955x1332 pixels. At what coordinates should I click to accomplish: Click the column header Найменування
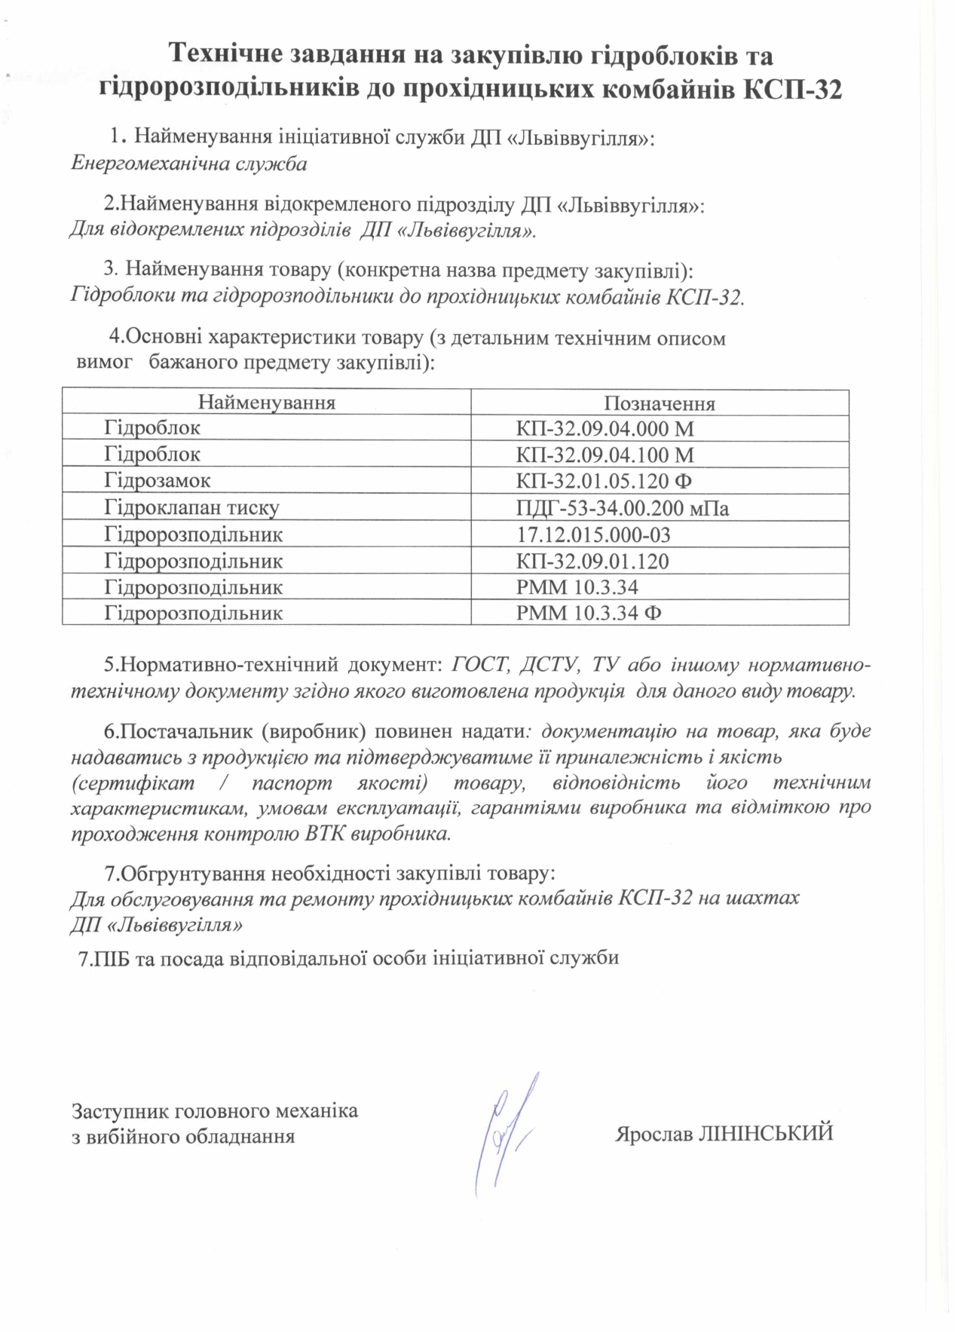click(266, 402)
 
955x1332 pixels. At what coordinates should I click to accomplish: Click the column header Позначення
click(659, 403)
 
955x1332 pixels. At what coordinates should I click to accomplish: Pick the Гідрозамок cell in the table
click(157, 481)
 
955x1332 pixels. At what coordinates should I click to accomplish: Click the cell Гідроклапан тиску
click(191, 508)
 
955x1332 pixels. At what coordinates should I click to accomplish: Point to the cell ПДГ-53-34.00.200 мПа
click(623, 509)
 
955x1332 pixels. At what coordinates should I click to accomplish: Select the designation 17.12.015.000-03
click(593, 535)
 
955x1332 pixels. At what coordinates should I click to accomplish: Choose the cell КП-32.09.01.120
click(592, 562)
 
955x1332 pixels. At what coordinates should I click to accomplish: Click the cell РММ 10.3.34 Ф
click(589, 613)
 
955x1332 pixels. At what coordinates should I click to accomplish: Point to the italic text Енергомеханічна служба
click(188, 164)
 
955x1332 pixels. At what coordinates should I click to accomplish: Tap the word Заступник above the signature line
click(121, 1110)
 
